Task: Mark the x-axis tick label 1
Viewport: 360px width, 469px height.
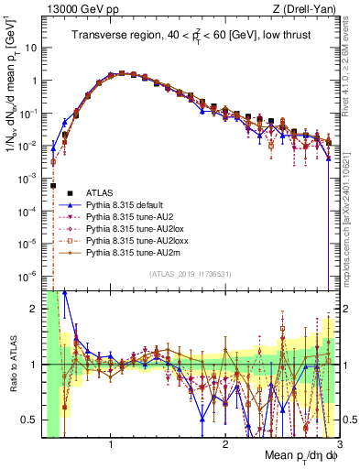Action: pos(111,444)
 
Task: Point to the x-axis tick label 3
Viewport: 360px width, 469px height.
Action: pos(338,444)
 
